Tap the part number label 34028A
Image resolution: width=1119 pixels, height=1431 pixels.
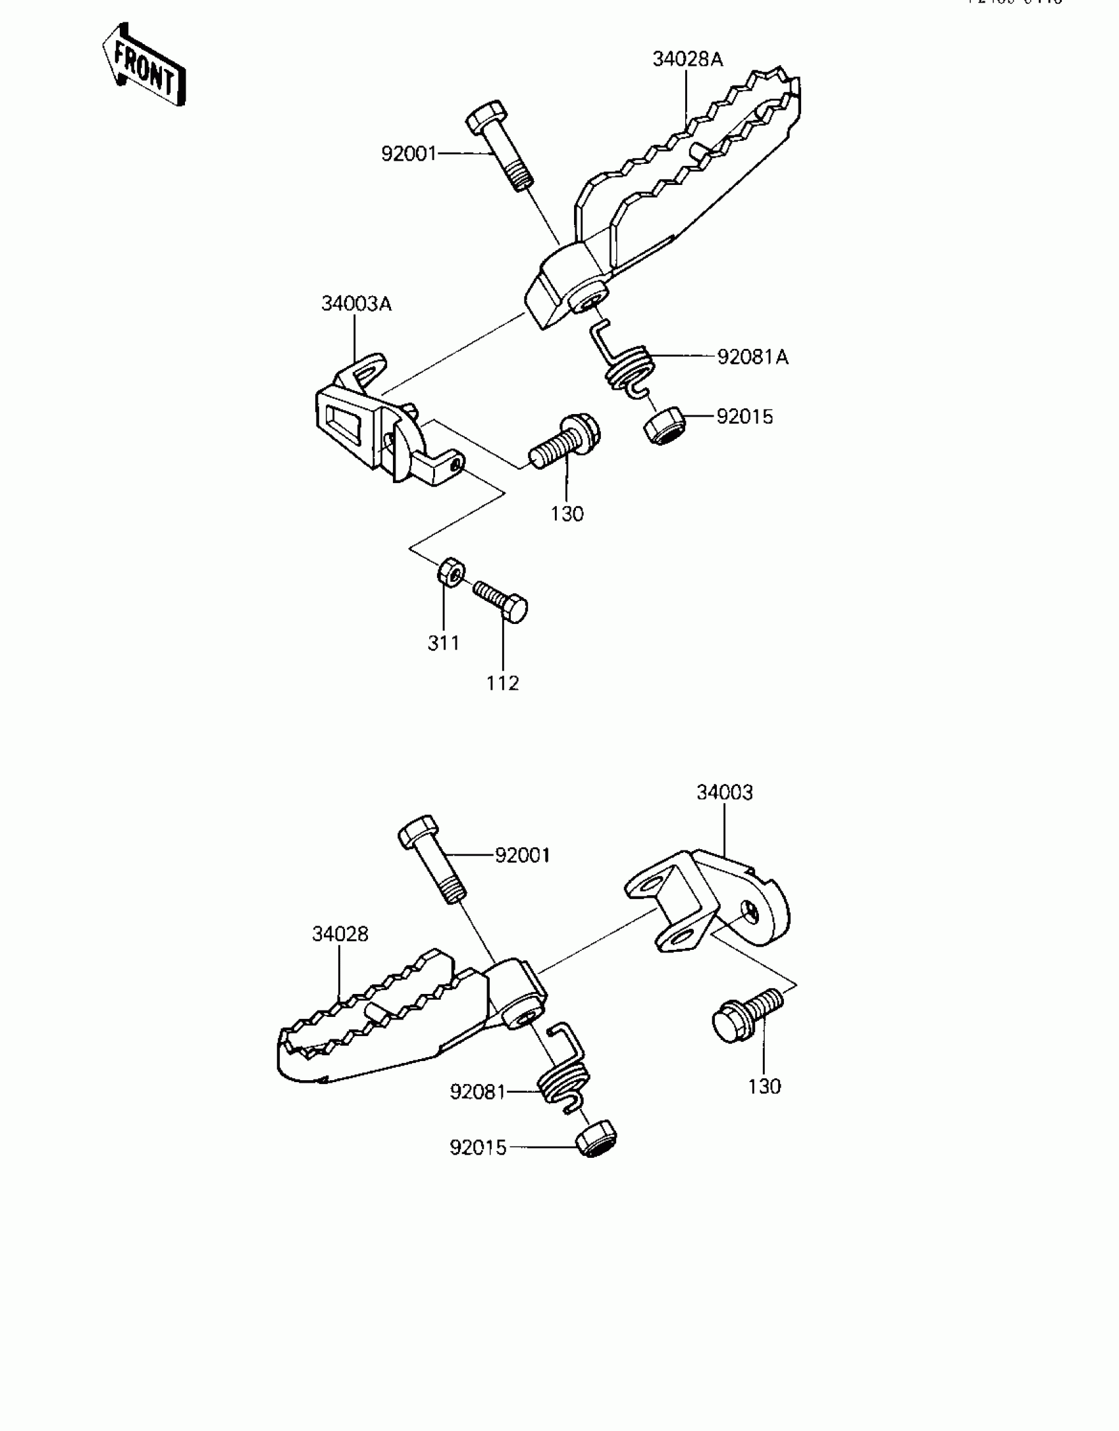click(x=687, y=60)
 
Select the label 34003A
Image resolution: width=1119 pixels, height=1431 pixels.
click(x=356, y=304)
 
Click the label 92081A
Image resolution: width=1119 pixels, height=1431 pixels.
click(x=752, y=357)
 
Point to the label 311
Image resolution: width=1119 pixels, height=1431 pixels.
click(x=444, y=643)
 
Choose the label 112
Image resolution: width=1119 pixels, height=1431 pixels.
click(x=503, y=683)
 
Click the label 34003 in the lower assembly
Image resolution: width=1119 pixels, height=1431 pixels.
click(x=724, y=793)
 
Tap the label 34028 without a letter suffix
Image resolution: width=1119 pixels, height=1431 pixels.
click(x=340, y=934)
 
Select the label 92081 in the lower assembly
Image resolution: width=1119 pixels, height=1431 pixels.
click(x=477, y=1092)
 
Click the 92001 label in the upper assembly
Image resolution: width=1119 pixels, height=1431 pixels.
click(x=409, y=154)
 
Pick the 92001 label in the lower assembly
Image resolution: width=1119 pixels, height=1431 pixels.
click(x=522, y=856)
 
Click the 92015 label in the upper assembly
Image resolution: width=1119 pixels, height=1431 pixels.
click(x=744, y=417)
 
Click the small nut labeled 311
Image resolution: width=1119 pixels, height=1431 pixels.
click(x=450, y=571)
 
